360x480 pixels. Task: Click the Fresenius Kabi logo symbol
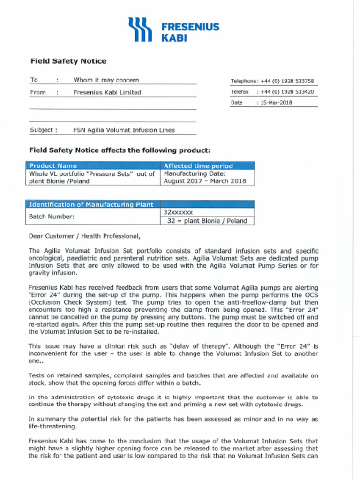[x=140, y=30]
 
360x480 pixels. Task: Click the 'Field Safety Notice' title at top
[x=68, y=61]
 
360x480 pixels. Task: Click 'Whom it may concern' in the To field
[x=106, y=80]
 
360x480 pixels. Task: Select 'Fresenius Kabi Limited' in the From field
[x=107, y=92]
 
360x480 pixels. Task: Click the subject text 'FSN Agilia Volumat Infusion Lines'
[x=124, y=130]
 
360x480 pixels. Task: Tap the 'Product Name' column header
[x=53, y=165]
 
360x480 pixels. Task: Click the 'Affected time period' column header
[x=198, y=165]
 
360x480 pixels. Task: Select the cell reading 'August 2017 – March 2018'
[x=204, y=181]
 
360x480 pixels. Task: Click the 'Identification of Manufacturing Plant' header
[x=91, y=204]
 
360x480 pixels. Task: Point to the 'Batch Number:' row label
[x=52, y=217]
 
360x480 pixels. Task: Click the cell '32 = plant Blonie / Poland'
[x=207, y=221]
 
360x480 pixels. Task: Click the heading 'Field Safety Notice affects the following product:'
[x=120, y=150]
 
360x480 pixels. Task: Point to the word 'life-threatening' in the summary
[x=52, y=426]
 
